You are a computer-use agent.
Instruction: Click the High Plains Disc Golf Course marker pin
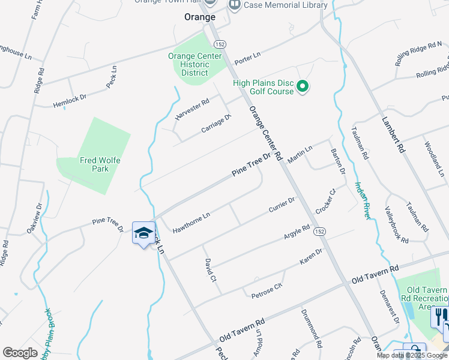pyautogui.click(x=303, y=88)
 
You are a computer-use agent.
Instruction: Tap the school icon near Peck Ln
pyautogui.click(x=143, y=233)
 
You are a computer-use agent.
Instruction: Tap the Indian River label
pyautogui.click(x=361, y=200)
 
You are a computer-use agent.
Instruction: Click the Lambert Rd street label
pyautogui.click(x=394, y=133)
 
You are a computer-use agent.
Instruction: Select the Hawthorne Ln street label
pyautogui.click(x=191, y=222)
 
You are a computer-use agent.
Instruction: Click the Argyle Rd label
pyautogui.click(x=297, y=233)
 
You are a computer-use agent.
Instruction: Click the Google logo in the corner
pyautogui.click(x=19, y=352)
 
